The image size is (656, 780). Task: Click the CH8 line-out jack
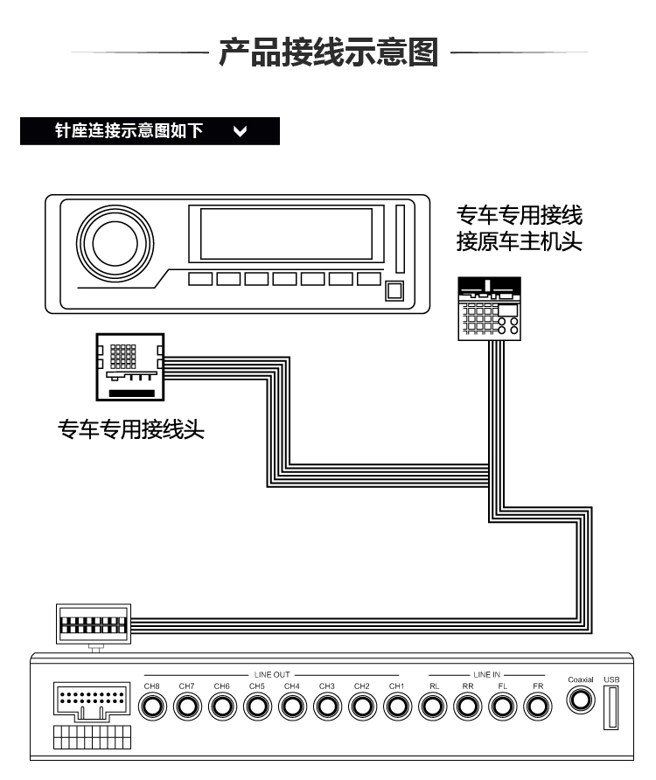click(x=152, y=706)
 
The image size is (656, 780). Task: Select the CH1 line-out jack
click(x=397, y=706)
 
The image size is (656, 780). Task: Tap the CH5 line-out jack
click(x=257, y=706)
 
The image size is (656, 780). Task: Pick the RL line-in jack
click(x=433, y=706)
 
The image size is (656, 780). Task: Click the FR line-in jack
click(x=538, y=706)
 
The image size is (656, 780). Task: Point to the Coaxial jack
click(x=580, y=700)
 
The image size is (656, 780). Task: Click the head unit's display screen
click(x=286, y=233)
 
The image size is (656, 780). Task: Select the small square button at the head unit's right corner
click(x=394, y=292)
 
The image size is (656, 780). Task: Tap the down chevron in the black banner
click(x=241, y=132)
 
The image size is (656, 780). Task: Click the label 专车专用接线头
click(x=131, y=429)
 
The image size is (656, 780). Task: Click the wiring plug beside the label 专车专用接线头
click(x=129, y=366)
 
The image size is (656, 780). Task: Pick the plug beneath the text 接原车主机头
click(x=490, y=308)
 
